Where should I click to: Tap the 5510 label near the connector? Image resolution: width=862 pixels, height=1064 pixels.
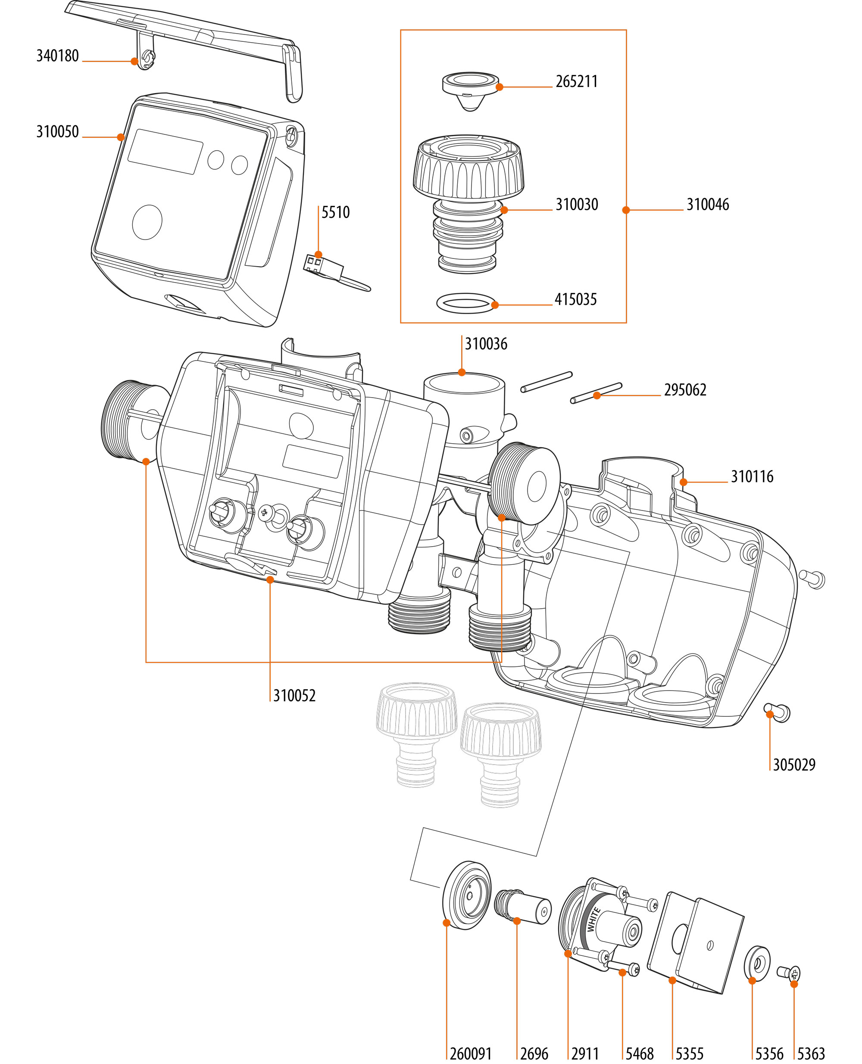click(335, 212)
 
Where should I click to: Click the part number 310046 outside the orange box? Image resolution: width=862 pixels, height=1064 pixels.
click(707, 205)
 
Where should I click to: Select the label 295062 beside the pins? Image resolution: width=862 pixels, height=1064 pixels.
click(685, 390)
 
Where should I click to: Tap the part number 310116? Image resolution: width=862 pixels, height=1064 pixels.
click(751, 476)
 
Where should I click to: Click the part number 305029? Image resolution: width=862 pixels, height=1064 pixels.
click(793, 765)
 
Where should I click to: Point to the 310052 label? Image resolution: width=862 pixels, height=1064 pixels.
click(294, 696)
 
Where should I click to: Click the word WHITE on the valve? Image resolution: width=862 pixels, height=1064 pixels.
click(593, 919)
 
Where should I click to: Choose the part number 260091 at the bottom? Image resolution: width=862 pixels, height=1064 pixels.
click(470, 1054)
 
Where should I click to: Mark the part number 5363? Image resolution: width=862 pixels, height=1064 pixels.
click(810, 1054)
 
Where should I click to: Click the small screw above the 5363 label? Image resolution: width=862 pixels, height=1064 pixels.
click(789, 973)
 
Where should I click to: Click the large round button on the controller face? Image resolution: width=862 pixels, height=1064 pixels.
click(147, 222)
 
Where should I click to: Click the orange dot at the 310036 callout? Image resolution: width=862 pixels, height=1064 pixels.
click(462, 372)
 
